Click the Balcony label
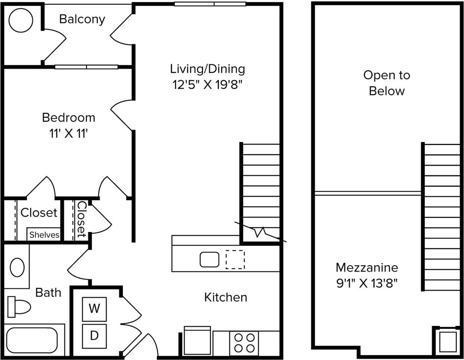pyautogui.click(x=82, y=19)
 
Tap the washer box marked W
pyautogui.click(x=94, y=308)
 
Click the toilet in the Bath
pyautogui.click(x=20, y=306)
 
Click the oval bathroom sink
pyautogui.click(x=17, y=267)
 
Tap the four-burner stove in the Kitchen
pyautogui.click(x=244, y=343)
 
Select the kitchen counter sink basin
pyautogui.click(x=209, y=259)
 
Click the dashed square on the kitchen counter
pyautogui.click(x=235, y=259)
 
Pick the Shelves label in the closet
pyautogui.click(x=44, y=235)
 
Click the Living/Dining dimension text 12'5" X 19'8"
pyautogui.click(x=207, y=84)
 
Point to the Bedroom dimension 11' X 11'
pyautogui.click(x=68, y=134)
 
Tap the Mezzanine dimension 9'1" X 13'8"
pyautogui.click(x=367, y=283)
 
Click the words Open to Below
pyautogui.click(x=386, y=83)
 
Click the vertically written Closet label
pyautogui.click(x=81, y=220)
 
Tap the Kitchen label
pyautogui.click(x=226, y=297)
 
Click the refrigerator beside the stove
pyautogui.click(x=197, y=342)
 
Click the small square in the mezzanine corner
pyautogui.click(x=448, y=342)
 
